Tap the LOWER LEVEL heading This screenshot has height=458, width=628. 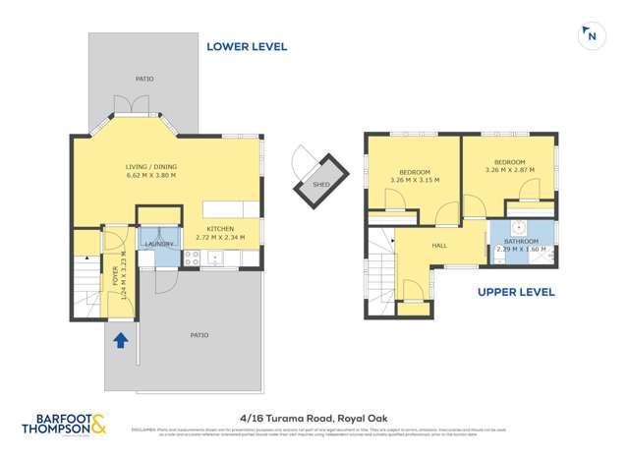click(246, 46)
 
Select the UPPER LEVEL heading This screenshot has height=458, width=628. click(516, 292)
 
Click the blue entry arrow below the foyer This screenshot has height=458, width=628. click(120, 341)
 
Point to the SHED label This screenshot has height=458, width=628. click(320, 184)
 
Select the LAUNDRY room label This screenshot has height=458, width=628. click(159, 243)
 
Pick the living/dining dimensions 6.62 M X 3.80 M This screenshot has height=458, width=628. click(150, 176)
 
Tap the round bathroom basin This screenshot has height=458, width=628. click(520, 226)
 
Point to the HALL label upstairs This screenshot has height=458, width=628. click(439, 248)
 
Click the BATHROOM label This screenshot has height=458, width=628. click(521, 241)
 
